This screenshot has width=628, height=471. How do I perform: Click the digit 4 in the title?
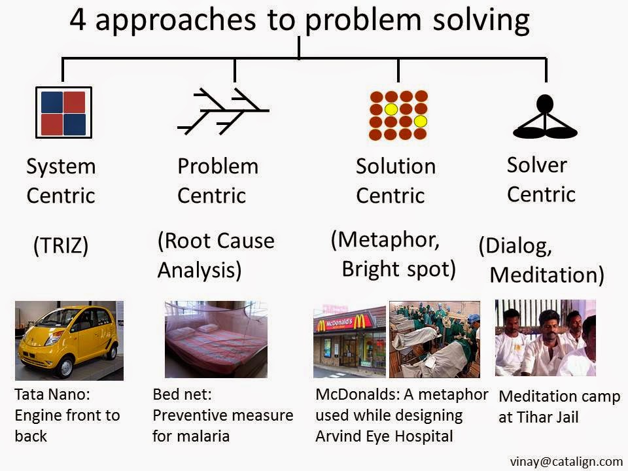pos(78,20)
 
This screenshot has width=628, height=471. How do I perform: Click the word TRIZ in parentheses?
pos(61,245)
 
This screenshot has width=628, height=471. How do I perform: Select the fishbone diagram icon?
pos(223,111)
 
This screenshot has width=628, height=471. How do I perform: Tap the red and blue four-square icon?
pos(63,113)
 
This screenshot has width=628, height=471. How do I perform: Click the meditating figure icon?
pos(545,116)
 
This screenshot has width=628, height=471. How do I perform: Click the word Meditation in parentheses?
pos(544,275)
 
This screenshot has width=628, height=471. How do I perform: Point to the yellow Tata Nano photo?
pos(69,340)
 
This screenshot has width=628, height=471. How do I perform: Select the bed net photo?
pos(216,340)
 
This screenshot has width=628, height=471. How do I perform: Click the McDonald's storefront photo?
pos(349,341)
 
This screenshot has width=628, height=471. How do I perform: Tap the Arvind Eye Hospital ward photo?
pos(434,340)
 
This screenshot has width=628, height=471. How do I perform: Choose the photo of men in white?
pos(546,338)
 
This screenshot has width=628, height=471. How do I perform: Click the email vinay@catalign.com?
pos(567,461)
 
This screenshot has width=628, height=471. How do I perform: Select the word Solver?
pos(536,165)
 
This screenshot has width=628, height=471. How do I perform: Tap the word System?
pos(61,167)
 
